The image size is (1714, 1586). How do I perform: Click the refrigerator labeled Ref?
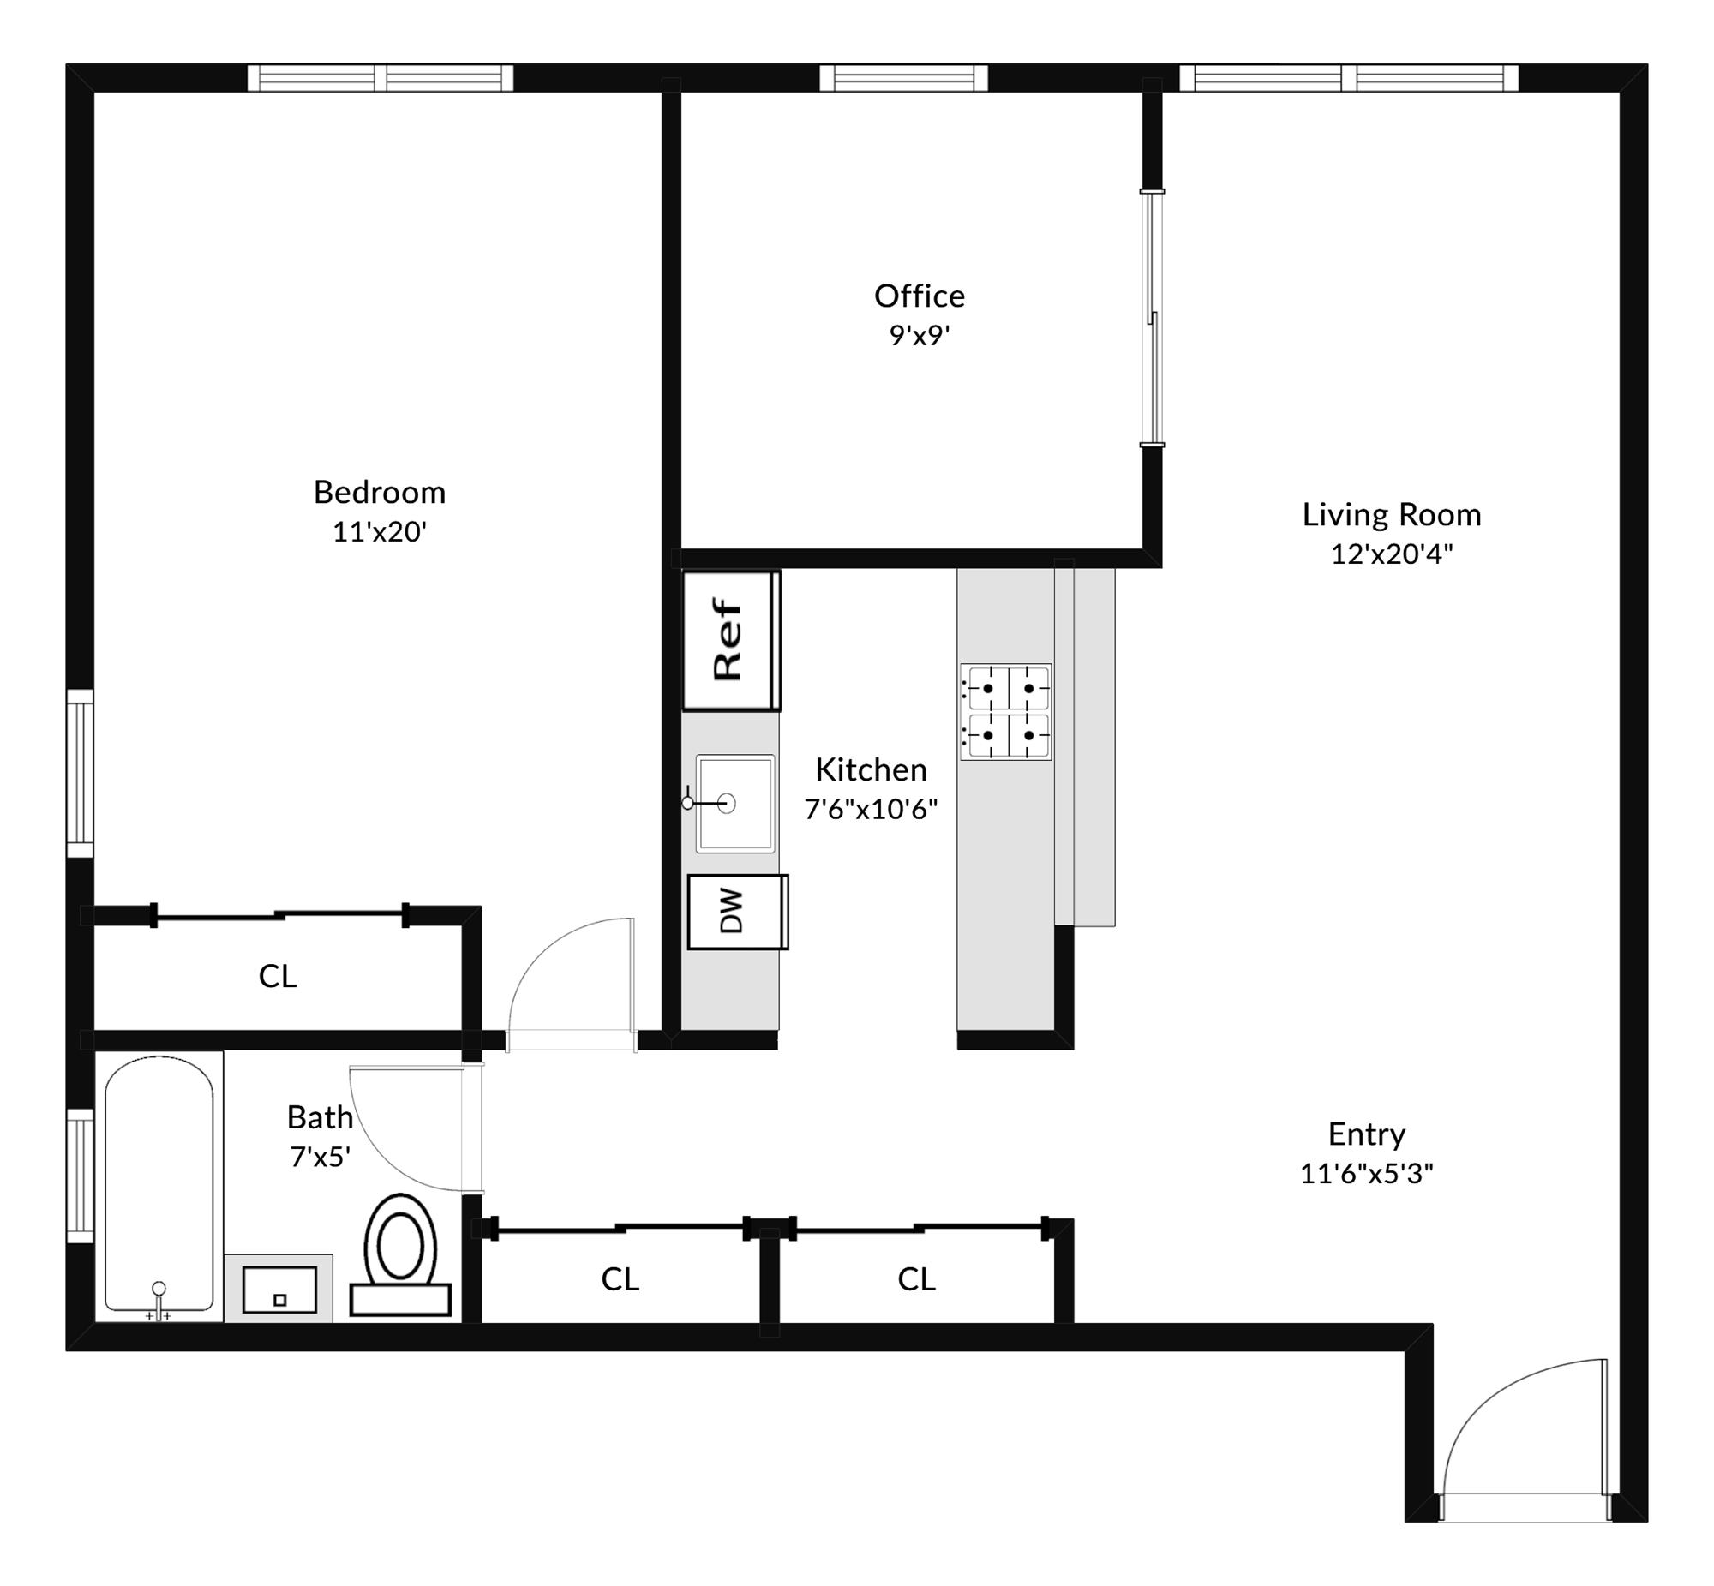click(731, 640)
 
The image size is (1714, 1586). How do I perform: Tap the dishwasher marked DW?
click(737, 912)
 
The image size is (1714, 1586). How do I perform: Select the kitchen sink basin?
click(734, 804)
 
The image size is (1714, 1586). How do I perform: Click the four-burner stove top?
click(1005, 711)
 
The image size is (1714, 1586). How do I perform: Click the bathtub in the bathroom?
click(159, 1185)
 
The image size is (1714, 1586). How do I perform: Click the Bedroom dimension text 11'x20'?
click(380, 532)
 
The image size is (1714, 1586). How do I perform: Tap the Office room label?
click(920, 296)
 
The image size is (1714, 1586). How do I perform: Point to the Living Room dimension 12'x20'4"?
click(1391, 554)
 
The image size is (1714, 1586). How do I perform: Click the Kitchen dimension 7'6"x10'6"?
click(871, 810)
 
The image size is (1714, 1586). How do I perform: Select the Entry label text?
click(1366, 1134)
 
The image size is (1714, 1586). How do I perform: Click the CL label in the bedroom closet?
click(277, 976)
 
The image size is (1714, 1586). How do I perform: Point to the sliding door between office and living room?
click(1153, 318)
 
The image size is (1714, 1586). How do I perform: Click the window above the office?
click(903, 78)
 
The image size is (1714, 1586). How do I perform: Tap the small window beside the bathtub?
click(80, 1175)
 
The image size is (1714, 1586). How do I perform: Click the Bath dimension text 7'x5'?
click(320, 1158)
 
